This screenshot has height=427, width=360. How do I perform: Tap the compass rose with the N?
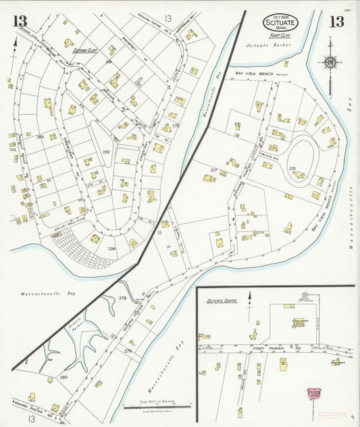point(330,64)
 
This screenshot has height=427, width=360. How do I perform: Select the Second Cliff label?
point(85,50)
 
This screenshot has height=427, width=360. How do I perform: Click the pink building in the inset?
point(314,394)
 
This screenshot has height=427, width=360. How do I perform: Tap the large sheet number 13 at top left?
point(19,22)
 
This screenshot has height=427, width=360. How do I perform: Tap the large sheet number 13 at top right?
point(336,22)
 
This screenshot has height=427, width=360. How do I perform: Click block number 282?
point(106,153)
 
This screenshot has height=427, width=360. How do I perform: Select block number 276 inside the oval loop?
point(292,167)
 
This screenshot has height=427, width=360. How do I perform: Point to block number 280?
point(63,377)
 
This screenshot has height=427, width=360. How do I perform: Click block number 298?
point(111,249)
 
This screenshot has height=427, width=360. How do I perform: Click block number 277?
point(213,170)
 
